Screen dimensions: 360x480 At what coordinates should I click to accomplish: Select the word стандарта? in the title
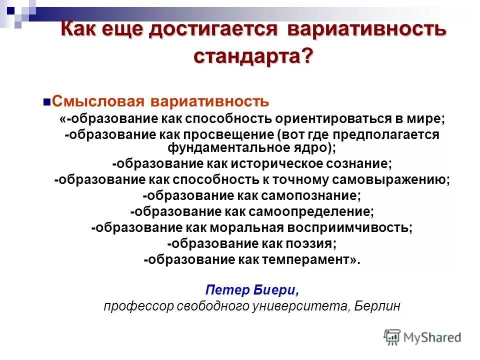click(x=253, y=55)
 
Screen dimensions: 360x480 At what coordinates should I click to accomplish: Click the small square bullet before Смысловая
click(x=47, y=102)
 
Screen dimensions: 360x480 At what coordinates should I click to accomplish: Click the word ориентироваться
click(x=339, y=119)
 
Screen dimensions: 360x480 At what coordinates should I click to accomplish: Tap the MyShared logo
click(x=423, y=337)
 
